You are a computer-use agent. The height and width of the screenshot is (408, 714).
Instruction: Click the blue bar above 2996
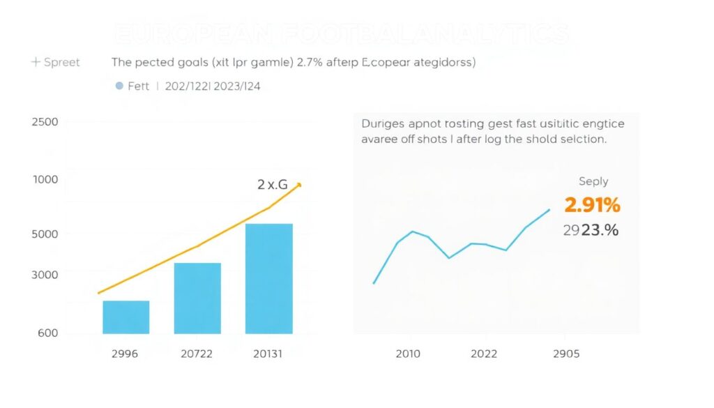click(126, 317)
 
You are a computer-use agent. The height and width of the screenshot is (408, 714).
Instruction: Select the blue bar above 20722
click(197, 298)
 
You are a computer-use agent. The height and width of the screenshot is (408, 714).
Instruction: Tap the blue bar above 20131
click(268, 278)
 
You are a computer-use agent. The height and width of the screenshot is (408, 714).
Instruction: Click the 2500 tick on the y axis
click(45, 122)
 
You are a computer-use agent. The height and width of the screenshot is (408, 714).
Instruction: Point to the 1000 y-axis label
click(45, 179)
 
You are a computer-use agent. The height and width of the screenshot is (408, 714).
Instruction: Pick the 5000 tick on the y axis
click(45, 234)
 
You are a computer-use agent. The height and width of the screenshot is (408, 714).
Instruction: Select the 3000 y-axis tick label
click(45, 275)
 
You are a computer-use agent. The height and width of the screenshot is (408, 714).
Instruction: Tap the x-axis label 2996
click(125, 354)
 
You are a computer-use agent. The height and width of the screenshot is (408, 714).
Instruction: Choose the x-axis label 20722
click(197, 354)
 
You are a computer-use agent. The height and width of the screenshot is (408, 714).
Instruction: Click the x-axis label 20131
click(268, 354)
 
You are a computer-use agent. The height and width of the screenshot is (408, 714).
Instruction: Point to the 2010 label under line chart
click(408, 354)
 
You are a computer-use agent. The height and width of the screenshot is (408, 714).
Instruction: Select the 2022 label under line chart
click(484, 354)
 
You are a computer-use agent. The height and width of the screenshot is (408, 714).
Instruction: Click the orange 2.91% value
click(592, 205)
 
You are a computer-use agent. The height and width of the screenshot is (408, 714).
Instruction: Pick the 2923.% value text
click(591, 230)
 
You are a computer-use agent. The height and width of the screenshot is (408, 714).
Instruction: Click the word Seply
click(593, 181)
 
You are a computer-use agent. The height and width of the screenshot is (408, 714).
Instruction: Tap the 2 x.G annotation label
click(272, 185)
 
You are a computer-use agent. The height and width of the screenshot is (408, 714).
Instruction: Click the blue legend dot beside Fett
click(119, 86)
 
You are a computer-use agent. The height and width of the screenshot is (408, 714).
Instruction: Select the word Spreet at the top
click(61, 62)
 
